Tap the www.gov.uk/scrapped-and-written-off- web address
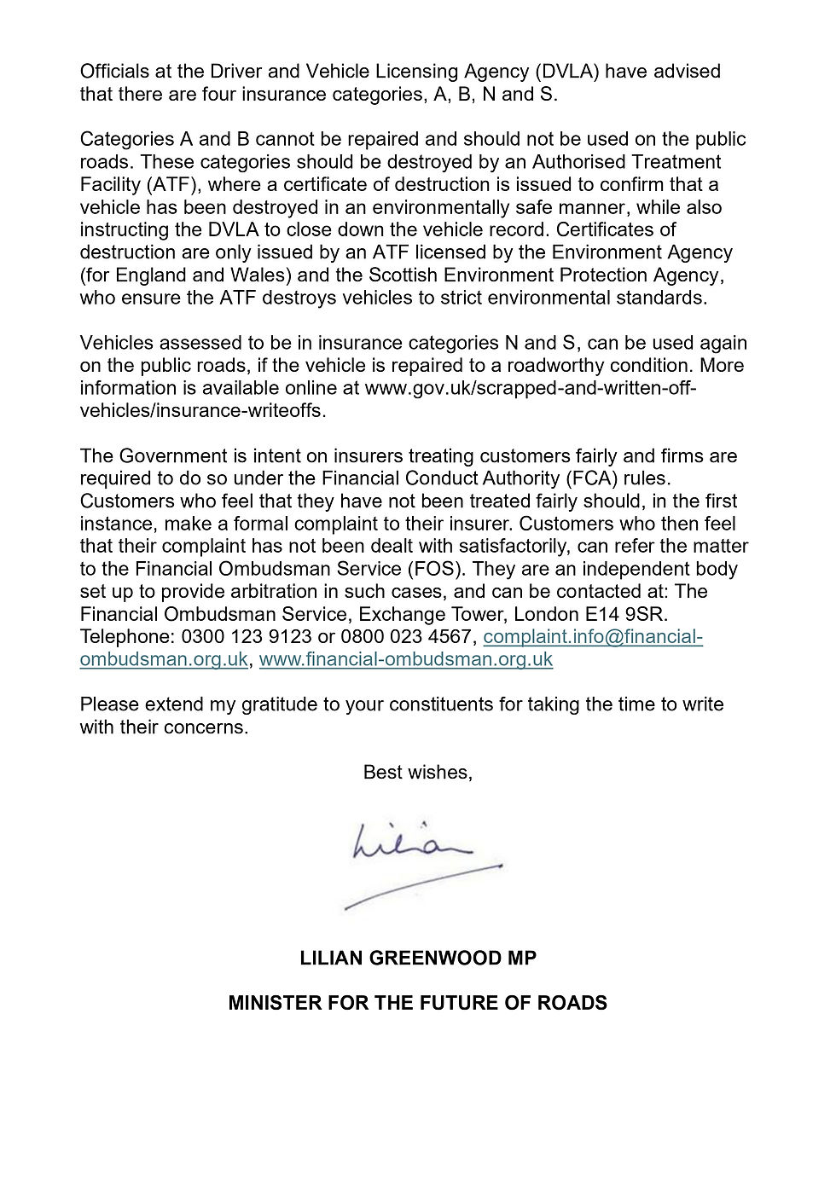[x=531, y=388]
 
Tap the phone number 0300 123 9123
[x=246, y=637]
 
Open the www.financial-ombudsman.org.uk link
[x=406, y=659]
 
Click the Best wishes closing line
[x=417, y=773]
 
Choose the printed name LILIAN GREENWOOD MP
[x=418, y=959]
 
